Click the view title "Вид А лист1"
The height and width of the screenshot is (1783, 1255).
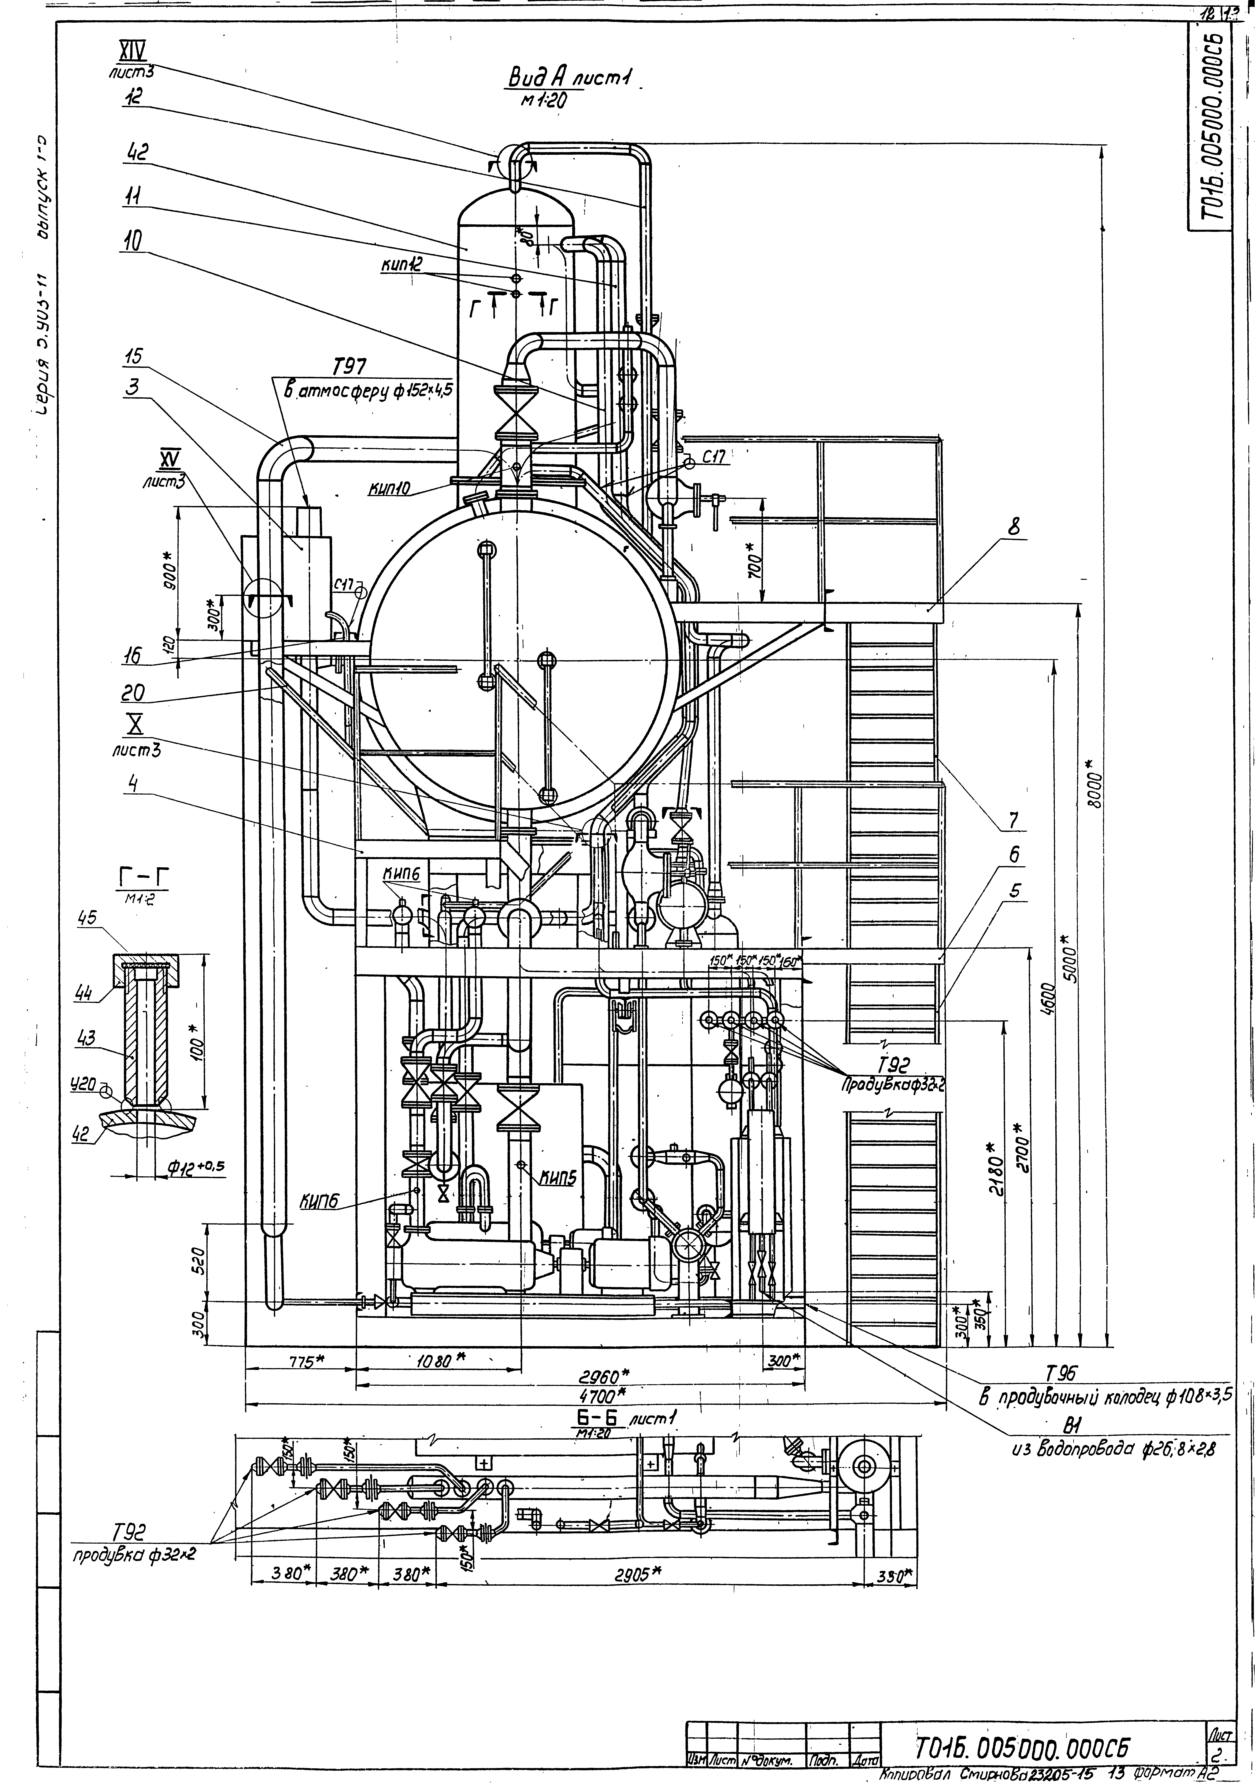[x=571, y=78]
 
